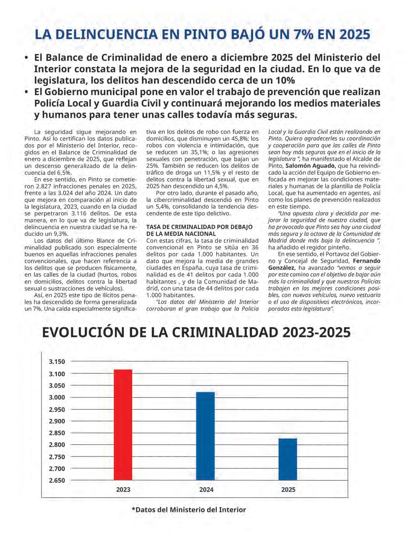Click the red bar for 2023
pos(123,424)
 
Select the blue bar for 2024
pos(205,436)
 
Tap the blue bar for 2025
pos(287,459)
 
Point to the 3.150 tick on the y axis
pos(57,362)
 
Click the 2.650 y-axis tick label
pos(57,480)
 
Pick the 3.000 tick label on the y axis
pos(57,397)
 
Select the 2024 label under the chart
pos(206,489)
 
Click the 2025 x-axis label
pos(288,489)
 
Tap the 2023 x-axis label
pos(123,489)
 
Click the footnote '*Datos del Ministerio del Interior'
pos(189,510)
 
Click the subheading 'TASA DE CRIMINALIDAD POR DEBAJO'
pos(199,227)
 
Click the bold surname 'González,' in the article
pos(281,268)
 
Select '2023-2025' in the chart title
pos(316,332)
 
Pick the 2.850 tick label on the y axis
pos(57,433)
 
